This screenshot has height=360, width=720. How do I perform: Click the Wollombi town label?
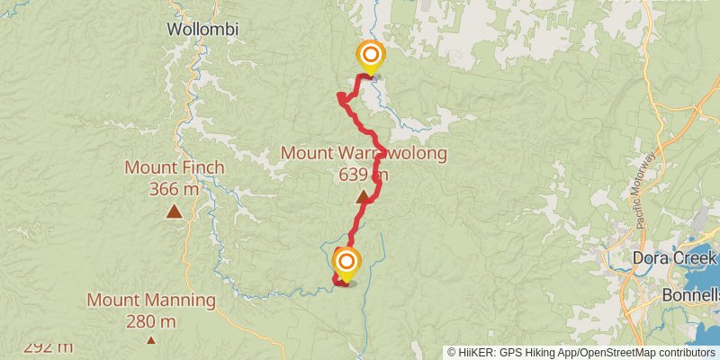coord(203,29)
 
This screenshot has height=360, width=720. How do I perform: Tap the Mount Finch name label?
coord(175,167)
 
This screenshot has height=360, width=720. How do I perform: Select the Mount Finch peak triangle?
coord(173,212)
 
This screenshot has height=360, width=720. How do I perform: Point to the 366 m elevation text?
coord(175,189)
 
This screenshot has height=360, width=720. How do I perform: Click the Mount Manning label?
coord(151,300)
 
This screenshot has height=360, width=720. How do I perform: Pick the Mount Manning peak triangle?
coord(150,340)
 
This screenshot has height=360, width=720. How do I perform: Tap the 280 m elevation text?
coord(151,321)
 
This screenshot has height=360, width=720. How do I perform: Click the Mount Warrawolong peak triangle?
coord(364,197)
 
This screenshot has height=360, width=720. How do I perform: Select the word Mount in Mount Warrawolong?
coord(307,153)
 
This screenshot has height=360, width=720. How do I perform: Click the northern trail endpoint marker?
coord(369,57)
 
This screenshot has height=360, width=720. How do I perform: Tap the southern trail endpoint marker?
coord(346,263)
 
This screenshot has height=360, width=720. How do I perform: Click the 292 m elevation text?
coord(49,347)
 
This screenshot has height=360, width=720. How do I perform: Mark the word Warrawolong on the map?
coord(390,153)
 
